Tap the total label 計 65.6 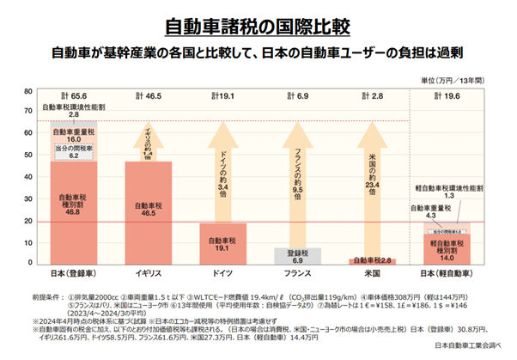[x=73, y=97]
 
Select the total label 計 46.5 [x=148, y=97]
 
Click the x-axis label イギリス [x=148, y=273]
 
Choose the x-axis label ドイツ [x=222, y=273]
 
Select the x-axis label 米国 [x=371, y=273]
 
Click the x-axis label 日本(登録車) [x=73, y=273]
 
